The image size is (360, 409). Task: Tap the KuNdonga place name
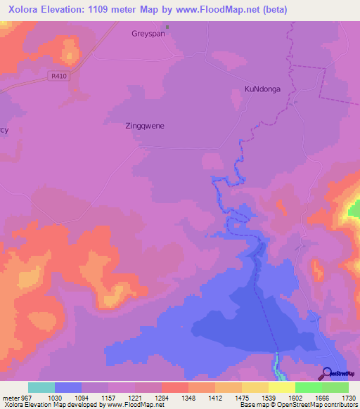pyautogui.click(x=262, y=89)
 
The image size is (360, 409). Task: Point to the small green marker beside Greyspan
pyautogui.click(x=167, y=29)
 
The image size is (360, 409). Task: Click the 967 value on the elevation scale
pyautogui.click(x=26, y=398)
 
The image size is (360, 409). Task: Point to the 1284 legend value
pyautogui.click(x=161, y=398)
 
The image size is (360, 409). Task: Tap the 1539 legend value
pyautogui.click(x=268, y=398)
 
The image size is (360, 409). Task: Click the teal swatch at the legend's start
pyautogui.click(x=41, y=387)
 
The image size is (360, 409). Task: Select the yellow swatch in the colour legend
pyautogui.click(x=281, y=387)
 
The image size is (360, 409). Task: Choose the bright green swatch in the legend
pyautogui.click(x=308, y=387)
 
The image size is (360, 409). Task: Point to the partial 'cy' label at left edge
pyautogui.click(x=4, y=131)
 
